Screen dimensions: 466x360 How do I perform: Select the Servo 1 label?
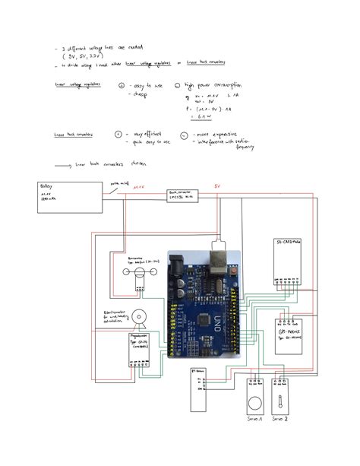[254, 419]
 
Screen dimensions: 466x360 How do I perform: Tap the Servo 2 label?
[283, 419]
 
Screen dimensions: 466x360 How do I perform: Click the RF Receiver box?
[199, 388]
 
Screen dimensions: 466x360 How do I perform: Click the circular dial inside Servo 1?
[254, 402]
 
